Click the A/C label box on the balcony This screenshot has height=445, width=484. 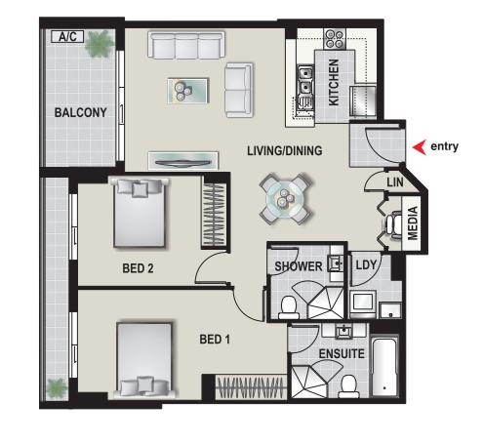tap(67, 37)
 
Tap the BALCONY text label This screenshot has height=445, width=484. tap(80, 112)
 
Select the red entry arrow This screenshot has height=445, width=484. tap(420, 147)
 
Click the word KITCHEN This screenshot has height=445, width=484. tap(334, 82)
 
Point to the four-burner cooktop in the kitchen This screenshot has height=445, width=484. tap(335, 39)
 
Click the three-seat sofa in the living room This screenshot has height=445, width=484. tap(186, 45)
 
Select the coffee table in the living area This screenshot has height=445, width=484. tap(187, 91)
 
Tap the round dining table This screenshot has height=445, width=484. tap(286, 199)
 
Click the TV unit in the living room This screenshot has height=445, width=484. tap(183, 160)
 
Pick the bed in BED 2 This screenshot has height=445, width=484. tap(140, 213)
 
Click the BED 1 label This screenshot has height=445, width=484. tap(215, 340)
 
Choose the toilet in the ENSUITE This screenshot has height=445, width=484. tap(348, 386)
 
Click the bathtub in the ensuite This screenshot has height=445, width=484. tap(384, 368)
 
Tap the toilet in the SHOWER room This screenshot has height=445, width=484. tap(289, 307)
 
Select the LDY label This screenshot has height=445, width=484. tap(366, 265)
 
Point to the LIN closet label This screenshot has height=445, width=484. tap(395, 182)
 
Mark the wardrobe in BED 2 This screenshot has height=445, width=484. tap(214, 215)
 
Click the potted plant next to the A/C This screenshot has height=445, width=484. tap(100, 44)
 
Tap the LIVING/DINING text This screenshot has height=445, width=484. tap(285, 150)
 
